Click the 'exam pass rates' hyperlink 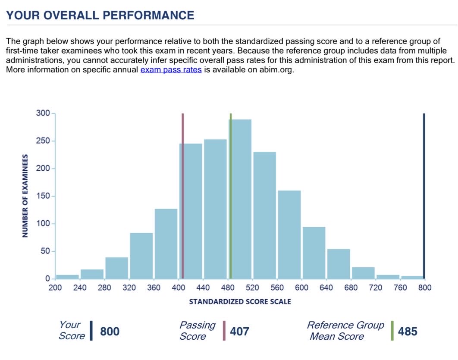[171, 70]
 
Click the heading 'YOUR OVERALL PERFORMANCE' [100, 16]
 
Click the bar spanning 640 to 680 [339, 263]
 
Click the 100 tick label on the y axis [45, 224]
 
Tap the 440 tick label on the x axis [203, 288]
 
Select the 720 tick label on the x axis [376, 288]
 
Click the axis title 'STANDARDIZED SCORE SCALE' [240, 302]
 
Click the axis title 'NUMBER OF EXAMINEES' [25, 196]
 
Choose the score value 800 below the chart [110, 332]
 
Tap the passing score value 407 [239, 332]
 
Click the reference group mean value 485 [407, 332]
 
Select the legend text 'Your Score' [72, 331]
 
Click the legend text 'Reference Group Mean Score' [345, 331]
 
